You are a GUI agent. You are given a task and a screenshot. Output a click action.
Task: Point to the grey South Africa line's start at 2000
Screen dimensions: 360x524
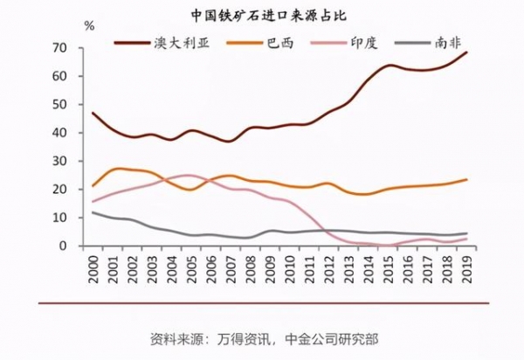(x=93, y=212)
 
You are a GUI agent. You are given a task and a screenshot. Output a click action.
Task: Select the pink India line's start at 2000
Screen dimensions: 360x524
(x=93, y=202)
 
